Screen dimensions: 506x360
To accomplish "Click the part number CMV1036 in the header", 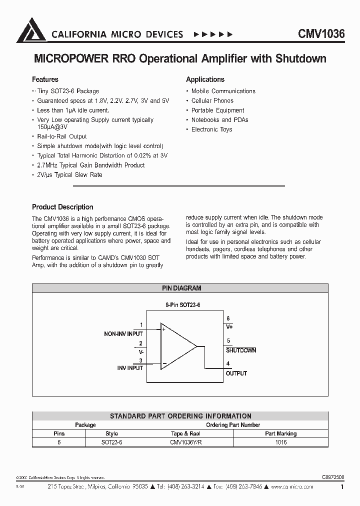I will pyautogui.click(x=321, y=34).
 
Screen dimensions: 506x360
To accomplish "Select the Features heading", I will pyautogui.click(x=45, y=79).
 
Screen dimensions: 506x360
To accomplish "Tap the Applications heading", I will pyautogui.click(x=205, y=79).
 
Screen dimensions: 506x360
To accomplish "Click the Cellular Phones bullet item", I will pyautogui.click(x=212, y=100).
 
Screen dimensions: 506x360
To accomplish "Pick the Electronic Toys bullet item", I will pyautogui.click(x=212, y=129).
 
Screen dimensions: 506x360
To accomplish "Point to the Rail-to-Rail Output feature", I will pyautogui.click(x=62, y=136).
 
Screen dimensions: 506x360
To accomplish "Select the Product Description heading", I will pyautogui.click(x=62, y=207).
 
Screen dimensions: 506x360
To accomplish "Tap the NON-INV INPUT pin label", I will pyautogui.click(x=123, y=333).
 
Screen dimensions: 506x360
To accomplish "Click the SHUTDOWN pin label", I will pyautogui.click(x=241, y=350).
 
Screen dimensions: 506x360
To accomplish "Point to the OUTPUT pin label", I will pyautogui.click(x=236, y=373).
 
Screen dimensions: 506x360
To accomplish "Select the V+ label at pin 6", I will pyautogui.click(x=229, y=326).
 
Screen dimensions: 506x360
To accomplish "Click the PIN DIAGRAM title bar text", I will pyautogui.click(x=181, y=288).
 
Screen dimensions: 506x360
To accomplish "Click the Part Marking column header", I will pyautogui.click(x=280, y=433).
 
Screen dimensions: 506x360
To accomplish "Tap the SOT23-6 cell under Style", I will pyautogui.click(x=111, y=442).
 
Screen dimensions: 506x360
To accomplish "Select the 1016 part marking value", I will pyautogui.click(x=280, y=442).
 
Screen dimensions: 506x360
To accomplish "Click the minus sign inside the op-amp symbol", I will pyautogui.click(x=163, y=363).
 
